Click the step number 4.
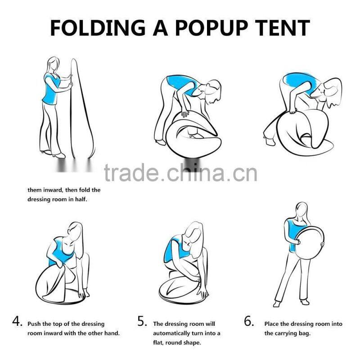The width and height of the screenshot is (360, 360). pos(17,322)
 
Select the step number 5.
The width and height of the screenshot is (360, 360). pos(142,322)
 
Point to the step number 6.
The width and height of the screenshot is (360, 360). pos(249,322)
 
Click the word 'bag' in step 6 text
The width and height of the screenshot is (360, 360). pos(304,333)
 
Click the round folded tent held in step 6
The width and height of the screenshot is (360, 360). pos(309,243)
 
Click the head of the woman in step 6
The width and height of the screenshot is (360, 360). pos(301,211)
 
